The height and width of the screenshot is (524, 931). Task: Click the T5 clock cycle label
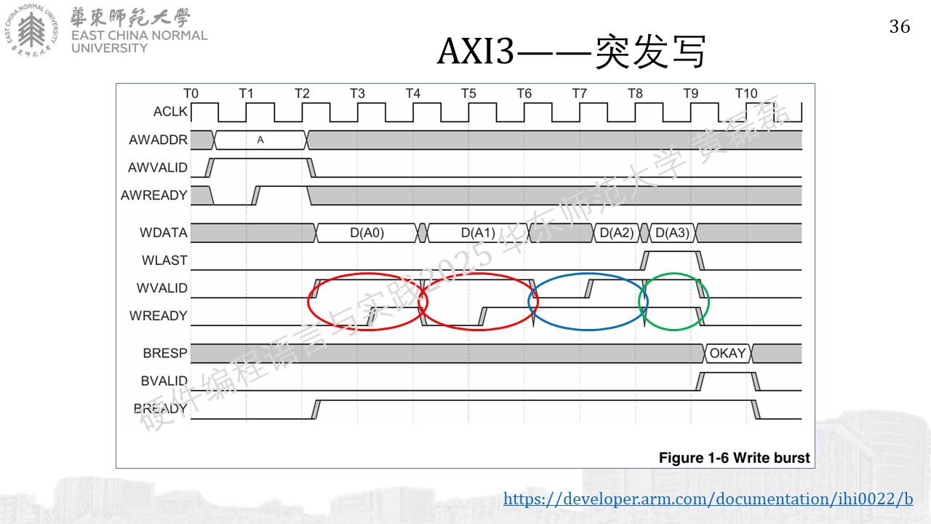[x=468, y=94]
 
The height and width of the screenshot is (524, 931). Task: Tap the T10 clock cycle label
[x=746, y=94]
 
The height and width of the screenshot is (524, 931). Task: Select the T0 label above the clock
[x=191, y=94]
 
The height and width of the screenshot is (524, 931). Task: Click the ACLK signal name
[x=170, y=111]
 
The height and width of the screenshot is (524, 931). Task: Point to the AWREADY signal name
[x=153, y=195]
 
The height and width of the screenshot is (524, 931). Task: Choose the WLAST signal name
[x=164, y=261]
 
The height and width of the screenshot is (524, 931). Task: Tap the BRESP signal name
[x=165, y=353]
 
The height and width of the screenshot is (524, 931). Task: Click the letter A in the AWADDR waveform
[x=260, y=140]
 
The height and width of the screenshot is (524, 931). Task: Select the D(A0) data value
[x=367, y=233]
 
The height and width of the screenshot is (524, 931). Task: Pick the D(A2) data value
[x=617, y=233]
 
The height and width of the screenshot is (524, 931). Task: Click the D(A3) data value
[x=672, y=233]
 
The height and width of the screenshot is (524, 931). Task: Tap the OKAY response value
[x=727, y=353]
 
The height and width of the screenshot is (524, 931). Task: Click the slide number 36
[x=900, y=27]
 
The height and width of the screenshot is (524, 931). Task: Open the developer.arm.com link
[x=708, y=499]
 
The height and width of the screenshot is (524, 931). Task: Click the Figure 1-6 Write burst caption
[x=735, y=458]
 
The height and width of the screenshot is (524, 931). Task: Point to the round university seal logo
[x=31, y=31]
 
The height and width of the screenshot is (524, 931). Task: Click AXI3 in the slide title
[x=476, y=51]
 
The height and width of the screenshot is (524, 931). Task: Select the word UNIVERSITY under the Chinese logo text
[x=109, y=48]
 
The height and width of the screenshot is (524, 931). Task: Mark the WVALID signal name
[x=162, y=287]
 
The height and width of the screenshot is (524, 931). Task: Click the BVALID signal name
[x=164, y=381]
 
